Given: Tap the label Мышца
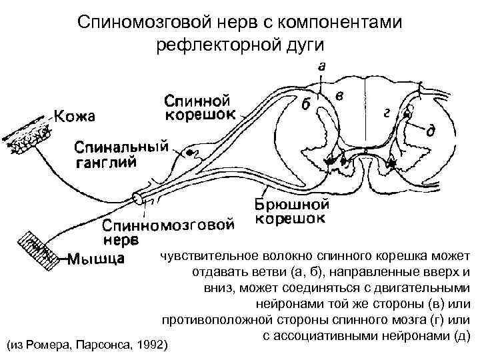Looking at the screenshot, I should pos(95,259).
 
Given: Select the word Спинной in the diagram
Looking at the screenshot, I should pos(197,101).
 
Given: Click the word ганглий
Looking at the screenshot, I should pos(106,161).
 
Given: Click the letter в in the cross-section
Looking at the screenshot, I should pos(340,97).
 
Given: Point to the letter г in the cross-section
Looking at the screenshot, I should pos(387,113).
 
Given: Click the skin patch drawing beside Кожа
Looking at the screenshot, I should pos(27,137).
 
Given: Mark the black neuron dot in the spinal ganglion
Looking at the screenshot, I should pos(190,153).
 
